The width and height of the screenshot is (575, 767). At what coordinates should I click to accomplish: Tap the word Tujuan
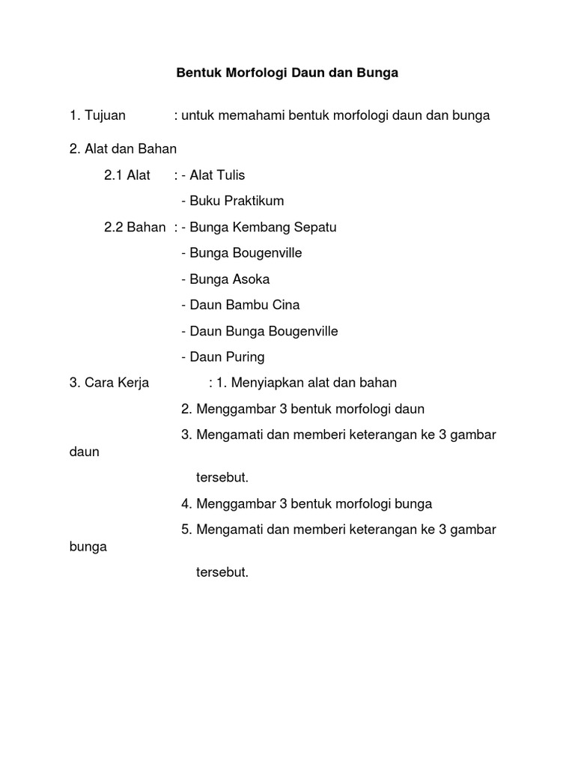click(106, 115)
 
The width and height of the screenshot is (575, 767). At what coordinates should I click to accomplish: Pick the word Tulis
click(231, 175)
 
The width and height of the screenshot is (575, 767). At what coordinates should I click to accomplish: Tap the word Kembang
click(255, 227)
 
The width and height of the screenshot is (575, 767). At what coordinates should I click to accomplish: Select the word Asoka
click(251, 279)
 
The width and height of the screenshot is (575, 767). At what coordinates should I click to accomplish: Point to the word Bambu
click(245, 305)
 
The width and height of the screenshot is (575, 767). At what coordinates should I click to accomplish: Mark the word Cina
click(286, 305)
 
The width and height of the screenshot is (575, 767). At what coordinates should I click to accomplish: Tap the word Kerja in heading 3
click(133, 383)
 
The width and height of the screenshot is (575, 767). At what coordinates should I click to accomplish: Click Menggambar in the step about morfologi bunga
click(234, 504)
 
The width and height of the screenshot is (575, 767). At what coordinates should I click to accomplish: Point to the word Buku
click(204, 201)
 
